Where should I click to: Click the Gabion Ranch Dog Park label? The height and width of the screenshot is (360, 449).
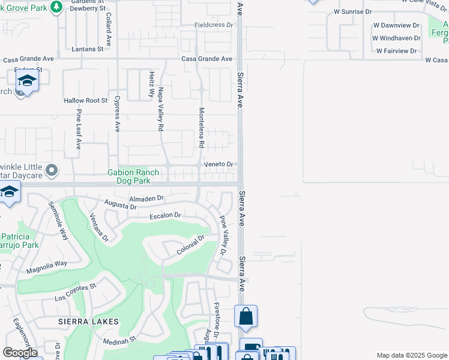tap(133, 176)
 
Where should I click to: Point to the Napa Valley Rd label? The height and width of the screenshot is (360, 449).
tap(160, 109)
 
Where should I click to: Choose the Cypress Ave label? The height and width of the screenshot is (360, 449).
tap(117, 113)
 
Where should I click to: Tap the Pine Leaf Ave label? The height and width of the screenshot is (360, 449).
tap(78, 128)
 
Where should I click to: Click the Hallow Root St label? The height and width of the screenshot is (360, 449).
tap(86, 100)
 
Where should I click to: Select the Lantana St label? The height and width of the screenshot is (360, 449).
tap(88, 49)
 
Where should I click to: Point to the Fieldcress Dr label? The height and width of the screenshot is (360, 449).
tap(213, 25)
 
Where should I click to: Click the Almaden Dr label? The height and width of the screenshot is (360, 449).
tap(146, 197)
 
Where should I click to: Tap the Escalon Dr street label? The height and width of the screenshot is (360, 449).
tap(165, 215)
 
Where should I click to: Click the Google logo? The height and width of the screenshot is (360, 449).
tap(20, 353)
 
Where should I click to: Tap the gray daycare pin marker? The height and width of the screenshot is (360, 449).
tap(52, 170)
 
